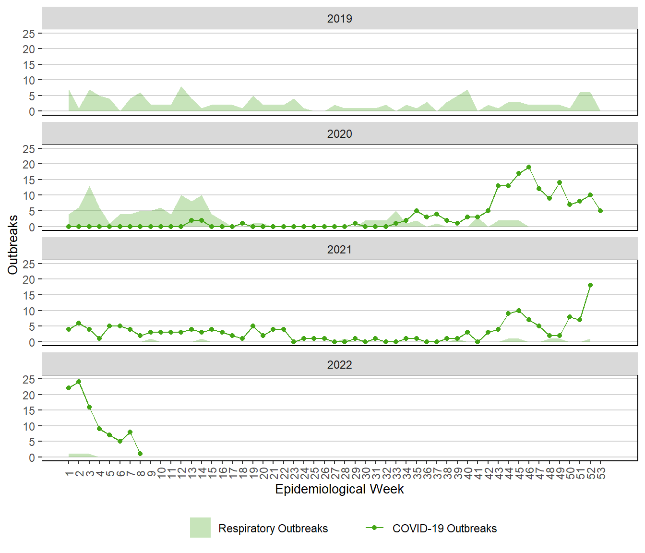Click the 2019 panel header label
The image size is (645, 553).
pyautogui.click(x=339, y=19)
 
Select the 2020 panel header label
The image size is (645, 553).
pyautogui.click(x=339, y=134)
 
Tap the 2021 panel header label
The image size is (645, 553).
pyautogui.click(x=339, y=250)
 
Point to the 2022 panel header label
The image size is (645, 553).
pyautogui.click(x=339, y=365)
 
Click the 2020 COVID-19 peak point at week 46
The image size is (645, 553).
pyautogui.click(x=529, y=167)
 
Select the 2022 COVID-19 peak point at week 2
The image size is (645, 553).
pyautogui.click(x=79, y=382)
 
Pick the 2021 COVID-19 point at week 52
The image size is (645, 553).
pyautogui.click(x=590, y=285)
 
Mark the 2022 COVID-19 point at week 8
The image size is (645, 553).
pyautogui.click(x=140, y=454)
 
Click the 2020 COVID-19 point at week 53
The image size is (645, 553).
pyautogui.click(x=600, y=211)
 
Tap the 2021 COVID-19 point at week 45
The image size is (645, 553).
pyautogui.click(x=519, y=311)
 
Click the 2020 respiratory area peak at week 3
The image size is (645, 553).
pyautogui.click(x=89, y=186)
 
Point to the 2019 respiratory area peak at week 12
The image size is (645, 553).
pyautogui.click(x=181, y=87)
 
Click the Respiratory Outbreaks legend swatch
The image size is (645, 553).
pyautogui.click(x=200, y=528)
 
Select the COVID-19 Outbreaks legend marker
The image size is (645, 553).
pyautogui.click(x=374, y=528)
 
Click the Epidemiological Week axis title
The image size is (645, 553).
pyautogui.click(x=339, y=489)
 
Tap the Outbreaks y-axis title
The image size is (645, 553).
pyautogui.click(x=13, y=245)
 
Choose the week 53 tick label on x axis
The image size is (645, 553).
pyautogui.click(x=601, y=473)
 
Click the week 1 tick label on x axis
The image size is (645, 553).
pyautogui.click(x=69, y=473)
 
